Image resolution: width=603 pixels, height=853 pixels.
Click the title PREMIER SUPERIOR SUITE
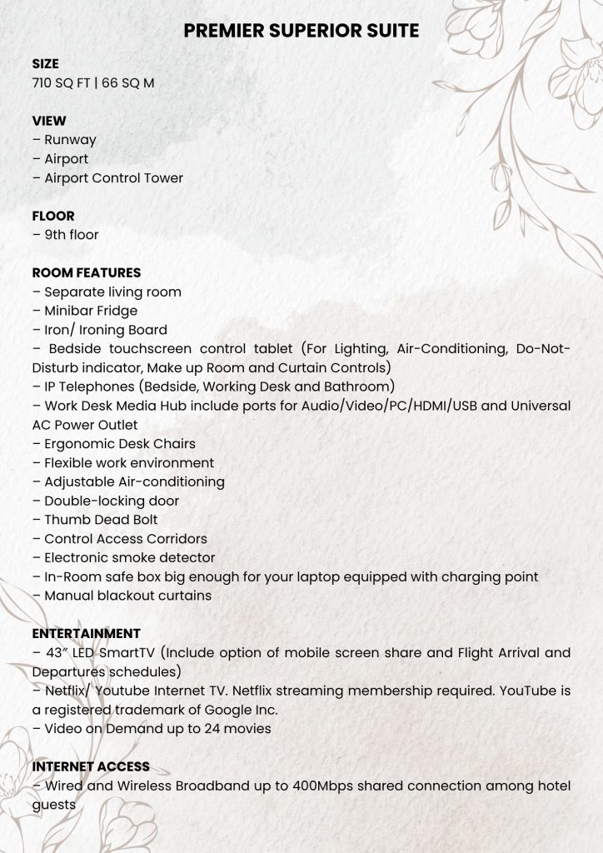click(x=301, y=32)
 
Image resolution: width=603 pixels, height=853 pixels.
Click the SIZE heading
click(x=46, y=64)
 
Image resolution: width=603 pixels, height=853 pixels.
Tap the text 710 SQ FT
click(x=62, y=83)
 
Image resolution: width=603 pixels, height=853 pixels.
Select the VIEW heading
click(x=49, y=121)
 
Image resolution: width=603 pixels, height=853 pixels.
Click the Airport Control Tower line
click(x=108, y=178)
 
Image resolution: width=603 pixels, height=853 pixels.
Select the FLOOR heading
click(x=53, y=216)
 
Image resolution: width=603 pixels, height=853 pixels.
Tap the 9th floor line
click(x=66, y=235)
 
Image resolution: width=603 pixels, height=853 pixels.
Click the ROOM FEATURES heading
click(x=87, y=272)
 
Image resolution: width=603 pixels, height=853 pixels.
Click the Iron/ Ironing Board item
click(x=100, y=330)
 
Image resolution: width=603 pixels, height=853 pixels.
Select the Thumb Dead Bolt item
click(x=95, y=520)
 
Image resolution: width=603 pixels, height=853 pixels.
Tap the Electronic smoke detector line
click(x=124, y=558)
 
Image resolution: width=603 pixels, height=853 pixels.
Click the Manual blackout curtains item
click(x=122, y=596)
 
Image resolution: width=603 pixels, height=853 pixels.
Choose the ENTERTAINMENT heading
click(x=87, y=634)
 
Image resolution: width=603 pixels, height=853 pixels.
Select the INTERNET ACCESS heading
click(x=91, y=766)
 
